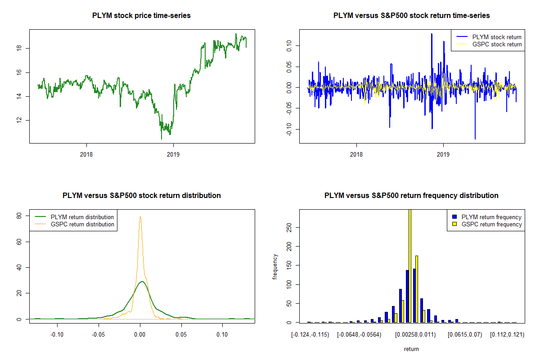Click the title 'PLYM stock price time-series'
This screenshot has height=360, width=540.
pyautogui.click(x=141, y=16)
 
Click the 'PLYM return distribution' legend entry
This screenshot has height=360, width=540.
pyautogui.click(x=82, y=217)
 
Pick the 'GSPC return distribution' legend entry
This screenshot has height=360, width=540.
pyautogui.click(x=82, y=224)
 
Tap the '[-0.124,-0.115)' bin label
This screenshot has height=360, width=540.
pyautogui.click(x=310, y=335)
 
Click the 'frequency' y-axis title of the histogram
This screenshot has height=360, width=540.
pyautogui.click(x=275, y=266)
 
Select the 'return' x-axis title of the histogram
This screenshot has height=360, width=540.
pyautogui.click(x=411, y=349)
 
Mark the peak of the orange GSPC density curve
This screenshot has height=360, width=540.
pyautogui.click(x=140, y=217)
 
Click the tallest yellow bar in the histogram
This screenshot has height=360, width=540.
pyautogui.click(x=410, y=265)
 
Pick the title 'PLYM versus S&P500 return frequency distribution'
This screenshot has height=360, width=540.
pyautogui.click(x=411, y=196)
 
